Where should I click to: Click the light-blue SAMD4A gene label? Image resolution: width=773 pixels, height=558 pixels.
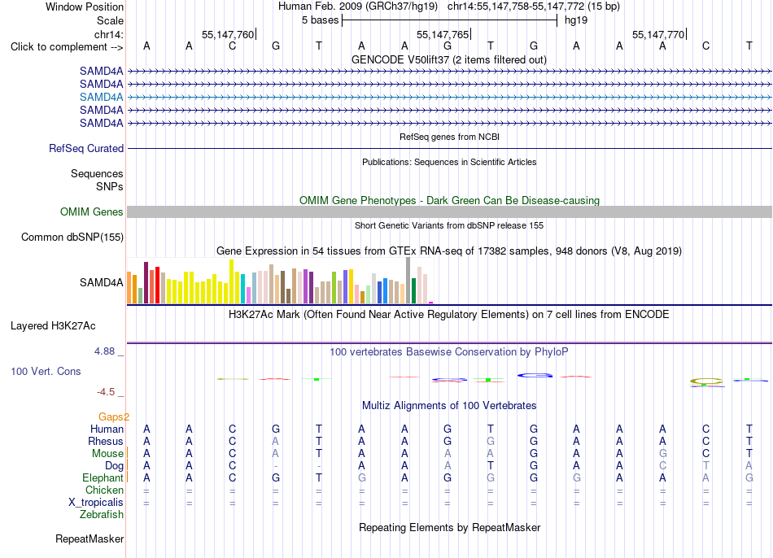point(101,97)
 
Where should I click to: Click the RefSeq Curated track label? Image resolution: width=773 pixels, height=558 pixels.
point(86,148)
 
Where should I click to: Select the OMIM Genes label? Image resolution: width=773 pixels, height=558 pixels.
point(92,212)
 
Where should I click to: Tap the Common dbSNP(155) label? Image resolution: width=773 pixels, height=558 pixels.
point(72,237)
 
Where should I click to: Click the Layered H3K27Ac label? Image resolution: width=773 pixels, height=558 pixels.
point(53,326)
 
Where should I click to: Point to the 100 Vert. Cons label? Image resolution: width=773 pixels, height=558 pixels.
point(46,371)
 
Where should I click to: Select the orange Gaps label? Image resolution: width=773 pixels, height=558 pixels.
point(114,417)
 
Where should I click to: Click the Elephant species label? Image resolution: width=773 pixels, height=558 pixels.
point(103,477)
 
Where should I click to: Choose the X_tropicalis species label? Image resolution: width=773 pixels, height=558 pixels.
point(96,503)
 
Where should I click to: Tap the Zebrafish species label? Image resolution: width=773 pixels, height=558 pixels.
point(102,514)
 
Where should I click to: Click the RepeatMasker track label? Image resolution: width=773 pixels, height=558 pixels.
point(90,538)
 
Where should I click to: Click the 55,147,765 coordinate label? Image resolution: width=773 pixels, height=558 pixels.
point(443,34)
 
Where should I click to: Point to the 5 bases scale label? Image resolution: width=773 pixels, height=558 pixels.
point(321,20)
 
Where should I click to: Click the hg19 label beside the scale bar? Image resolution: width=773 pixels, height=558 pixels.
point(576,20)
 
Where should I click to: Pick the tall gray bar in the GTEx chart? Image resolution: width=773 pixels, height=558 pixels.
point(408,281)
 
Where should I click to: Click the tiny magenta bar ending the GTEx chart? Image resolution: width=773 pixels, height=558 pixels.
point(431,303)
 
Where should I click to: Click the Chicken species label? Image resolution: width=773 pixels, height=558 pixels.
point(104,490)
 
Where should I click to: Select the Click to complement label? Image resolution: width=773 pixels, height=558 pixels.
point(67,47)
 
